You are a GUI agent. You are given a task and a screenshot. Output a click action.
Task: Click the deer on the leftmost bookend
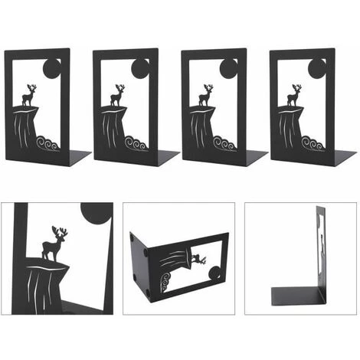tap(30, 96)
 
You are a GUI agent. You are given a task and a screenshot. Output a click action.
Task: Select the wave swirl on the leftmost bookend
tap(48, 142)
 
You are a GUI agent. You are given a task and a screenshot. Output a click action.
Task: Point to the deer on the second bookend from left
tap(117, 96)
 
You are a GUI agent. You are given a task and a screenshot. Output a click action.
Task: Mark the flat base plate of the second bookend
tap(165, 157)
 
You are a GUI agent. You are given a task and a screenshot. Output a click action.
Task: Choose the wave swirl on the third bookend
tap(224, 142)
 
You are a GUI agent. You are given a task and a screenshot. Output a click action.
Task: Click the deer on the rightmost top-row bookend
tap(294, 96)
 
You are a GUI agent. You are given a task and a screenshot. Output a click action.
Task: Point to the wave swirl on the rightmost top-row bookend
tap(313, 142)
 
